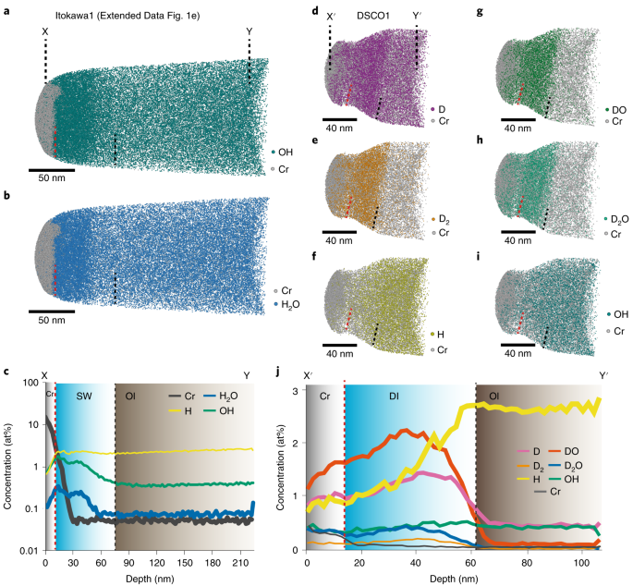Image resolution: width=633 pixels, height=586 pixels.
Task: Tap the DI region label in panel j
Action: pos(393,396)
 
